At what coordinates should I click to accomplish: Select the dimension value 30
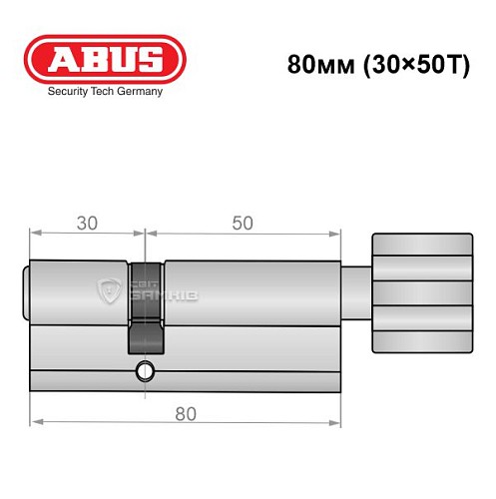88,224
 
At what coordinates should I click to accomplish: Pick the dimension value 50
241,224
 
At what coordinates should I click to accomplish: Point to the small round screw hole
147,374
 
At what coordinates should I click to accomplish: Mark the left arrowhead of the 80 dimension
34,420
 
